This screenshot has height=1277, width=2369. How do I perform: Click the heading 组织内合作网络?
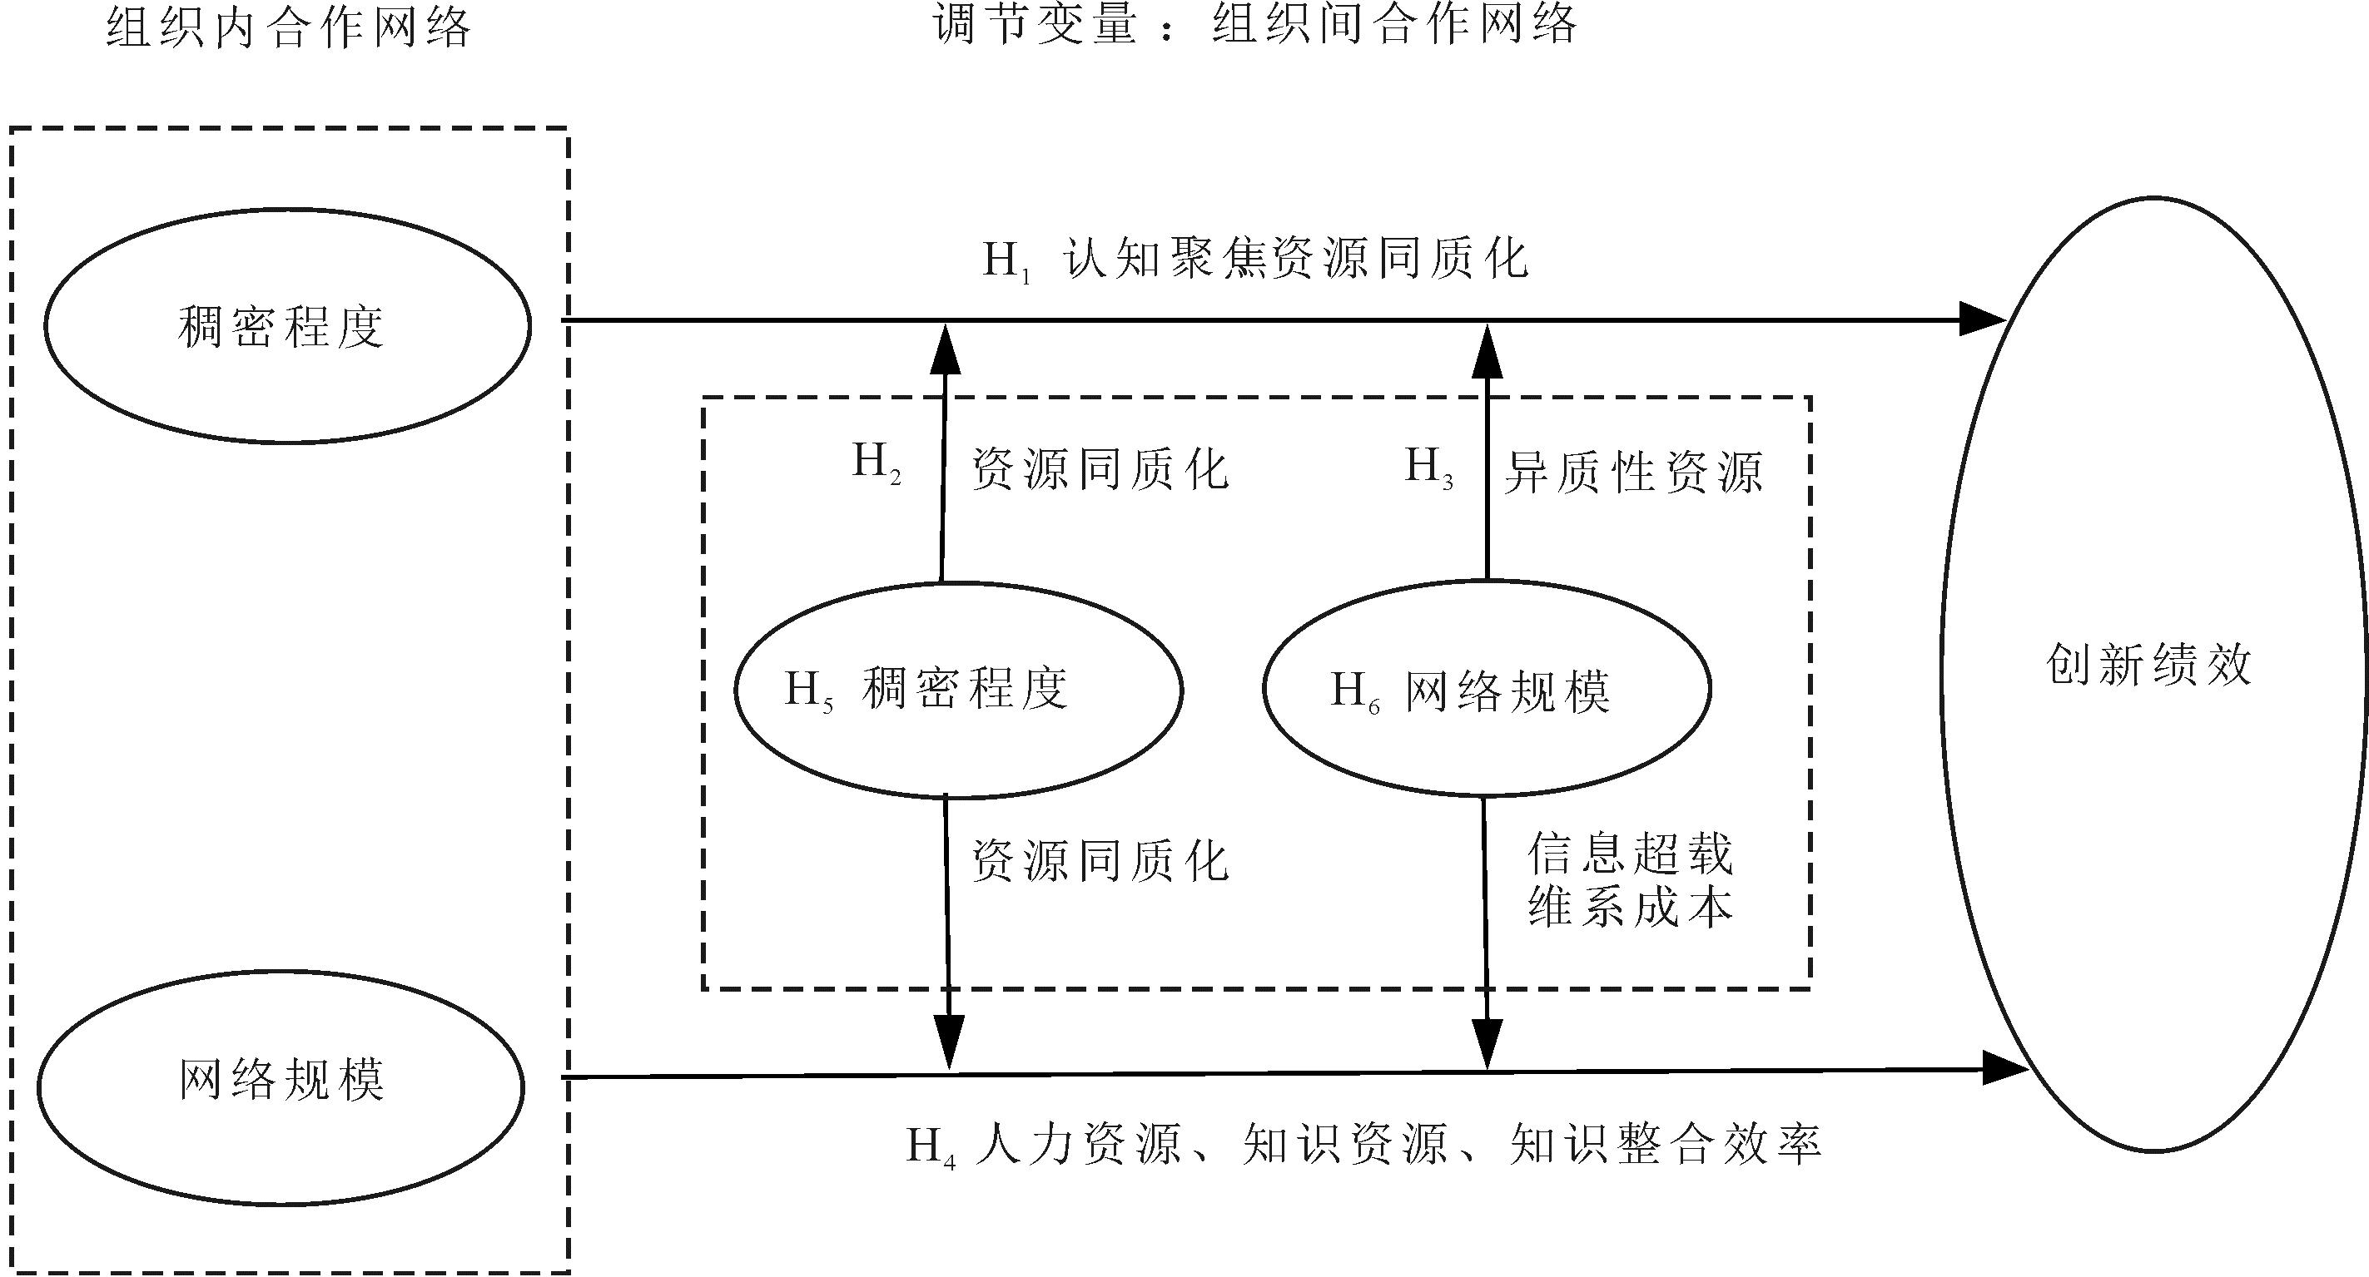click(289, 26)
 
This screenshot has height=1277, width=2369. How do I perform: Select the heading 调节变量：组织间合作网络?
click(1254, 24)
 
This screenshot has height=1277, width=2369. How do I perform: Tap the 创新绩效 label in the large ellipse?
click(2148, 665)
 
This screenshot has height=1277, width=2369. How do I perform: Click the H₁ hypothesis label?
click(1006, 261)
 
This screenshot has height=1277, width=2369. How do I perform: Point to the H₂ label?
click(877, 463)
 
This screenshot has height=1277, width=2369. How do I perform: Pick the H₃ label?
click(1429, 467)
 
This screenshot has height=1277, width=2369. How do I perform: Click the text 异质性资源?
click(1633, 473)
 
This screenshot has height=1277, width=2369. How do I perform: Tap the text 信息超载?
click(1631, 854)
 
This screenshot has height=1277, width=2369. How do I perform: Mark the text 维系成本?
click(1631, 908)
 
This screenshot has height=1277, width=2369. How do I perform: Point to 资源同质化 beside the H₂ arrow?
click(1100, 469)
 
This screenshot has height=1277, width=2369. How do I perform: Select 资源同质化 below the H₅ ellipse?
click(1100, 861)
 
